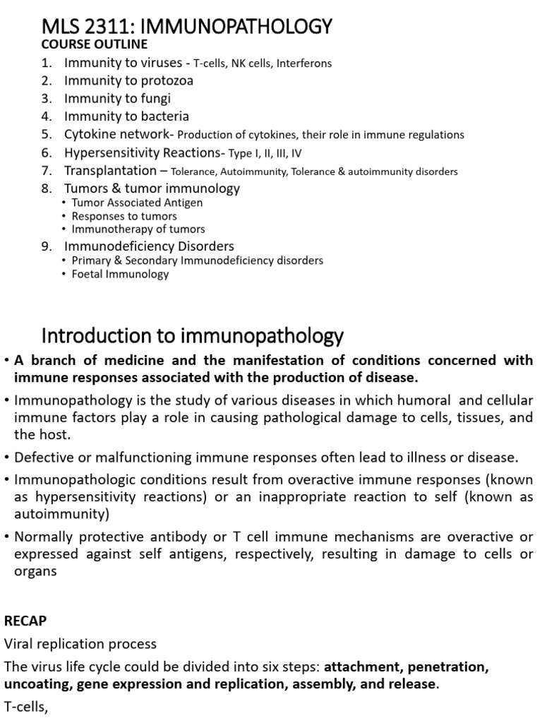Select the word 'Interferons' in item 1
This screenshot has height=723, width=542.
click(x=304, y=64)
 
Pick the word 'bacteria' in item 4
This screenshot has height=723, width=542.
click(x=163, y=116)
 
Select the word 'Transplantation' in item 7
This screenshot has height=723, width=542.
click(x=110, y=170)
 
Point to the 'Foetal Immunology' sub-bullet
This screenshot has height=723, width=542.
click(x=120, y=274)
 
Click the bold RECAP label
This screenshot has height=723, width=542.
click(x=25, y=621)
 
